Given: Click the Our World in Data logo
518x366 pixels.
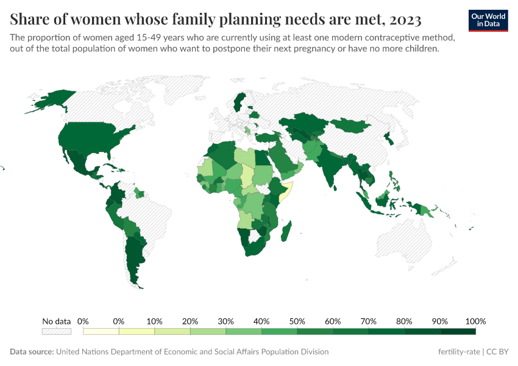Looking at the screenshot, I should coord(488,20).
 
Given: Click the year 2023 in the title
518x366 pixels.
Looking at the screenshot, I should coord(403,20).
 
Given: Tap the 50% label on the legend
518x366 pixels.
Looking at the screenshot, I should coord(297,321).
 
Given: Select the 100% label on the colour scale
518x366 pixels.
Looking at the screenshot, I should coord(475,321).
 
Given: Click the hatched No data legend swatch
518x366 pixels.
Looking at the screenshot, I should coord(56,331).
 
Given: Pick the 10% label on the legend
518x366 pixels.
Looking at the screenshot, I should coord(154,321).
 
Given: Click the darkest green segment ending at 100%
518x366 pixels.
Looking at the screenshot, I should coord(458,331).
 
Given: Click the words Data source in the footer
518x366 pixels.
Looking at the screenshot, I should coord(32,352).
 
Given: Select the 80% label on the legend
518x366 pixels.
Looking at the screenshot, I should coord(404,321).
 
